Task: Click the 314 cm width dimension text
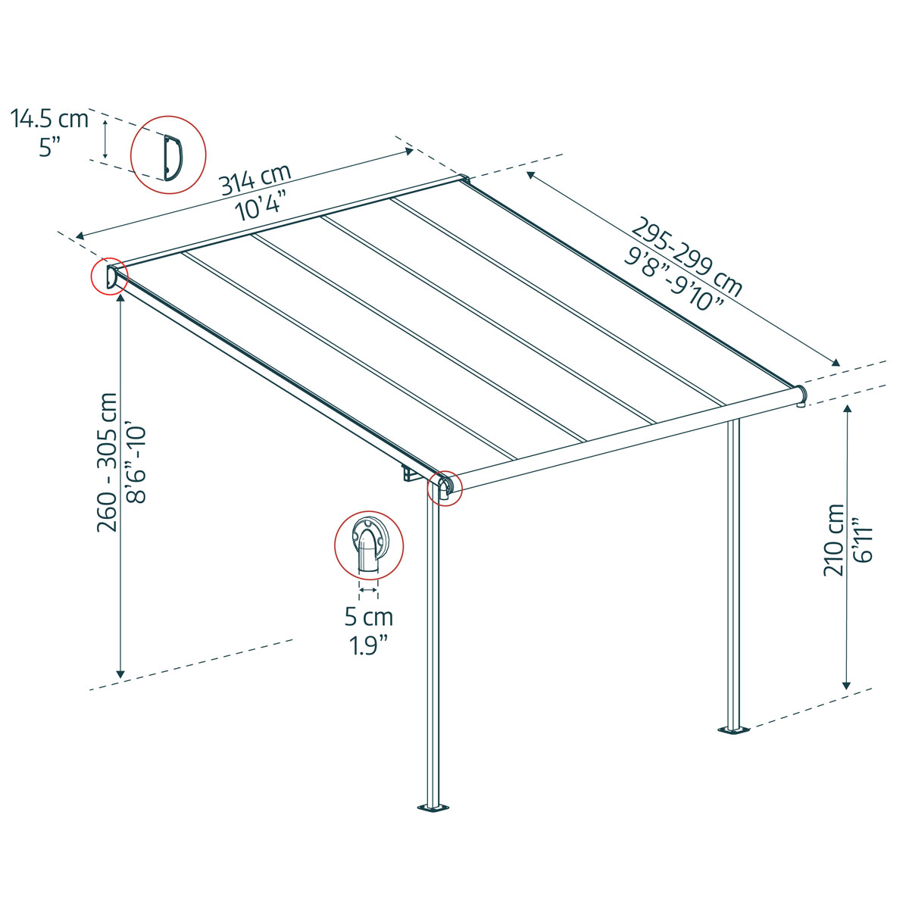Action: pos(255,180)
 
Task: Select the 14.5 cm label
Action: pos(49,119)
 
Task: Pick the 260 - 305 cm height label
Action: pos(108,462)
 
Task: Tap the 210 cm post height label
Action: pos(834,539)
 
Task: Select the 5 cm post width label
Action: pos(369,616)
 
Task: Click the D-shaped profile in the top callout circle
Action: pos(171,158)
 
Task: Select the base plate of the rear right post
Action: pos(733,730)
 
